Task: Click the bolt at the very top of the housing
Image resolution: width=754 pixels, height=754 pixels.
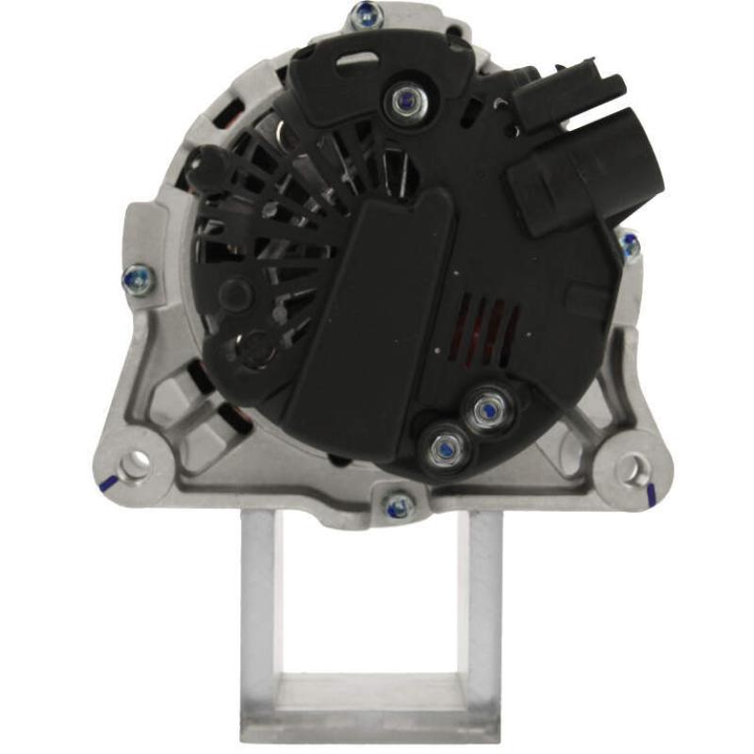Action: [x=368, y=15]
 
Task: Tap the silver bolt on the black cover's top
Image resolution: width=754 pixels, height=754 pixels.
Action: [x=406, y=99]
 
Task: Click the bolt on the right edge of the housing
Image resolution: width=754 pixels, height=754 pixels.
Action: [x=630, y=247]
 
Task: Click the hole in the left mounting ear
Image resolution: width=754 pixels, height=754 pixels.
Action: [x=138, y=462]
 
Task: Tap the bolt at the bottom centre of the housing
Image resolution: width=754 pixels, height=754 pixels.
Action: [x=399, y=505]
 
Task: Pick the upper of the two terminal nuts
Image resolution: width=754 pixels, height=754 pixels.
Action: [x=486, y=411]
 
